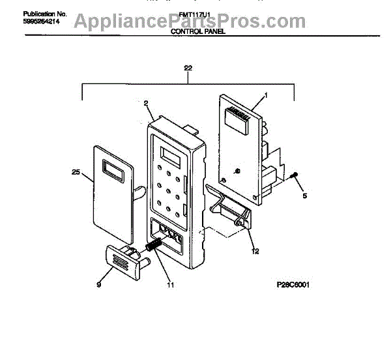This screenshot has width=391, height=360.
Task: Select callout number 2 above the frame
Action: pos(146,103)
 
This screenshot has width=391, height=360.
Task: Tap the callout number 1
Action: pos(266,96)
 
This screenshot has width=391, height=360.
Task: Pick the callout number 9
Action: pos(99,285)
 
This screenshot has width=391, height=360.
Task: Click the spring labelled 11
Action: pos(154,248)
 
